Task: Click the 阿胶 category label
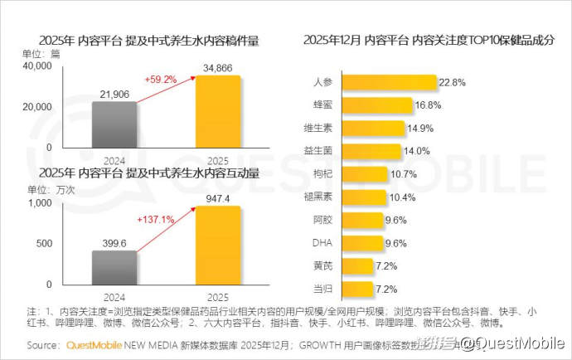[323, 221]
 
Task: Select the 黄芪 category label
[323, 266]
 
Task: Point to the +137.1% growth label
[156, 219]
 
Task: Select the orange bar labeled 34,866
[218, 111]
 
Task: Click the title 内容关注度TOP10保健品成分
[429, 39]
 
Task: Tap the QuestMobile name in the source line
[94, 344]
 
